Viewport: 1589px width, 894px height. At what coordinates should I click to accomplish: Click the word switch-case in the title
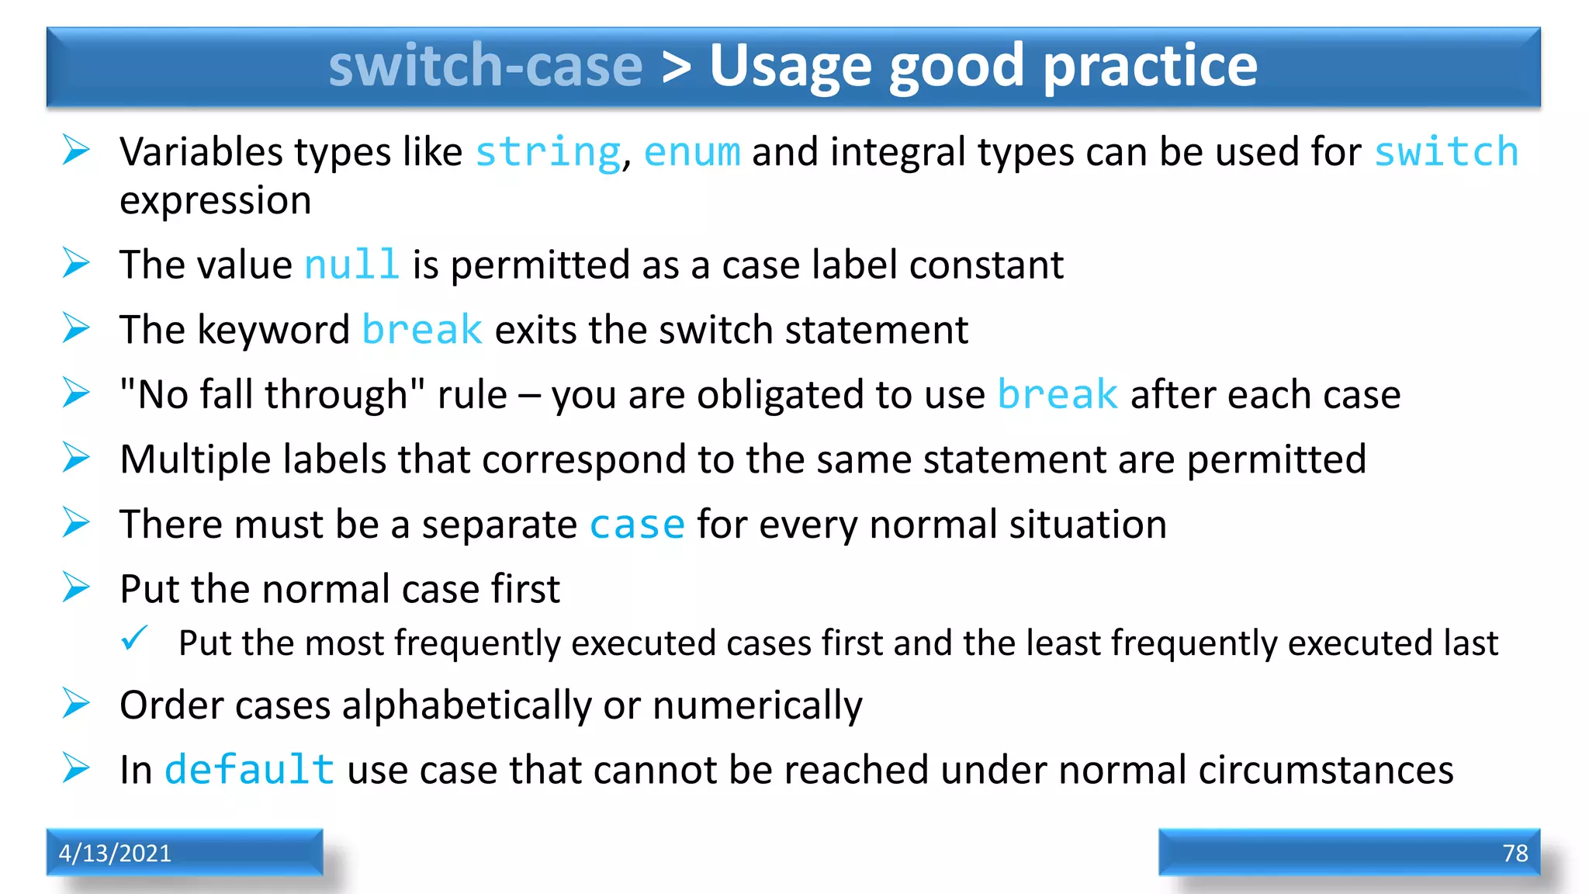point(486,65)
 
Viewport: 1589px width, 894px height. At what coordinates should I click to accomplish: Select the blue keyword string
point(548,152)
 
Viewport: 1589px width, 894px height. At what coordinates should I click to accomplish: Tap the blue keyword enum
point(692,152)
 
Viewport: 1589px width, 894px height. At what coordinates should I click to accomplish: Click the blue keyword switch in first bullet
point(1446,152)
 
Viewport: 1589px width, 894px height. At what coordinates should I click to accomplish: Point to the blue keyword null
point(351,265)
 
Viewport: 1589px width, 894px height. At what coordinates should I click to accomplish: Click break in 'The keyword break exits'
point(422,331)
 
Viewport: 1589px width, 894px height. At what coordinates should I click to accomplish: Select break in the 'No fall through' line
point(1057,395)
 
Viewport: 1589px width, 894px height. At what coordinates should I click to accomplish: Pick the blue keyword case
point(637,525)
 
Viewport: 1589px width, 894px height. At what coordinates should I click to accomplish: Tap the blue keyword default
point(249,771)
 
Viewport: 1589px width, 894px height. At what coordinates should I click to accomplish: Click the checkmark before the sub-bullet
point(134,639)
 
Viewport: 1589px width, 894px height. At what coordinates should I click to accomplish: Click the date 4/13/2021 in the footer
point(115,853)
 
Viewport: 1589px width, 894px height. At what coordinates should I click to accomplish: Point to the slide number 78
point(1515,853)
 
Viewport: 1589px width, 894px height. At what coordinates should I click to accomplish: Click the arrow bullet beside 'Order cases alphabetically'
point(76,704)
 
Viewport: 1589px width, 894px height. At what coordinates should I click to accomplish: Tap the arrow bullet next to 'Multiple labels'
point(76,458)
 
